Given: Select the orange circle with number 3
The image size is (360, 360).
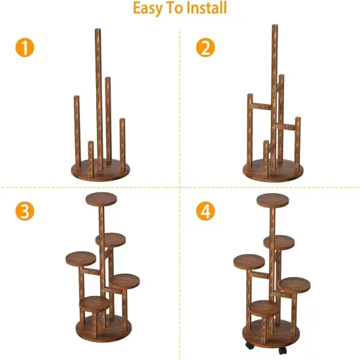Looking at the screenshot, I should [24, 211].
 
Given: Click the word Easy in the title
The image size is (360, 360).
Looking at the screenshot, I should [150, 9].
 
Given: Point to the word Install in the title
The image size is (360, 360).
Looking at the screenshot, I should [205, 9].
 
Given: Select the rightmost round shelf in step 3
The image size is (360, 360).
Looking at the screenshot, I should [124, 281].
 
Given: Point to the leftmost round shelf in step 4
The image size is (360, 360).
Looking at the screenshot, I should [249, 261].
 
